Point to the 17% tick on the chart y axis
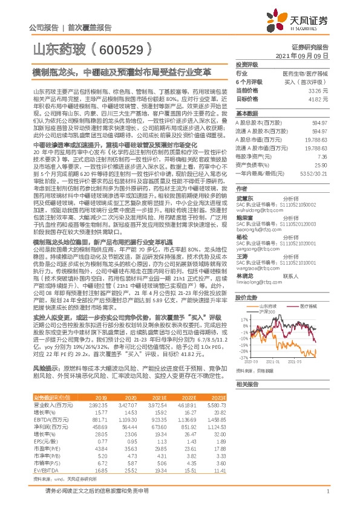(x=243, y=335)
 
